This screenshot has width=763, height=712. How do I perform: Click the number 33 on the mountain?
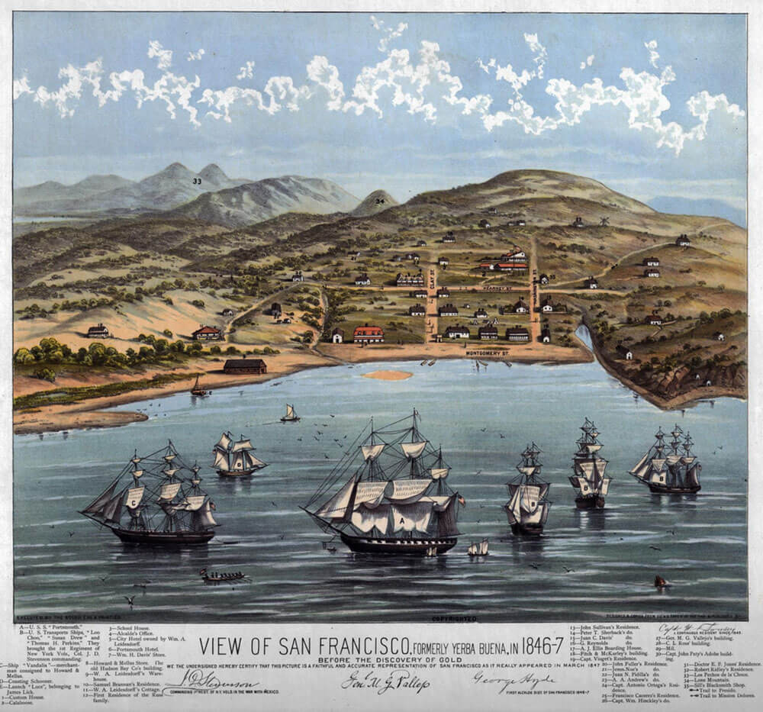[197, 182]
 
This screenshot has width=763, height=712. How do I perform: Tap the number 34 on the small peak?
[380, 201]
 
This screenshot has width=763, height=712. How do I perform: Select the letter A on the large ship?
[397, 520]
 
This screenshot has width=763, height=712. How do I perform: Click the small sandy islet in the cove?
[387, 375]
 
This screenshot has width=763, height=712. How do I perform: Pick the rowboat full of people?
[222, 575]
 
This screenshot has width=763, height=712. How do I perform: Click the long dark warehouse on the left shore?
[245, 366]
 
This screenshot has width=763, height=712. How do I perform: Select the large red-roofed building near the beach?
[369, 334]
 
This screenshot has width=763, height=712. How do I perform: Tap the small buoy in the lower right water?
[661, 582]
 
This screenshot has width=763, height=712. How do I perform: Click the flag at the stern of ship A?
[460, 501]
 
